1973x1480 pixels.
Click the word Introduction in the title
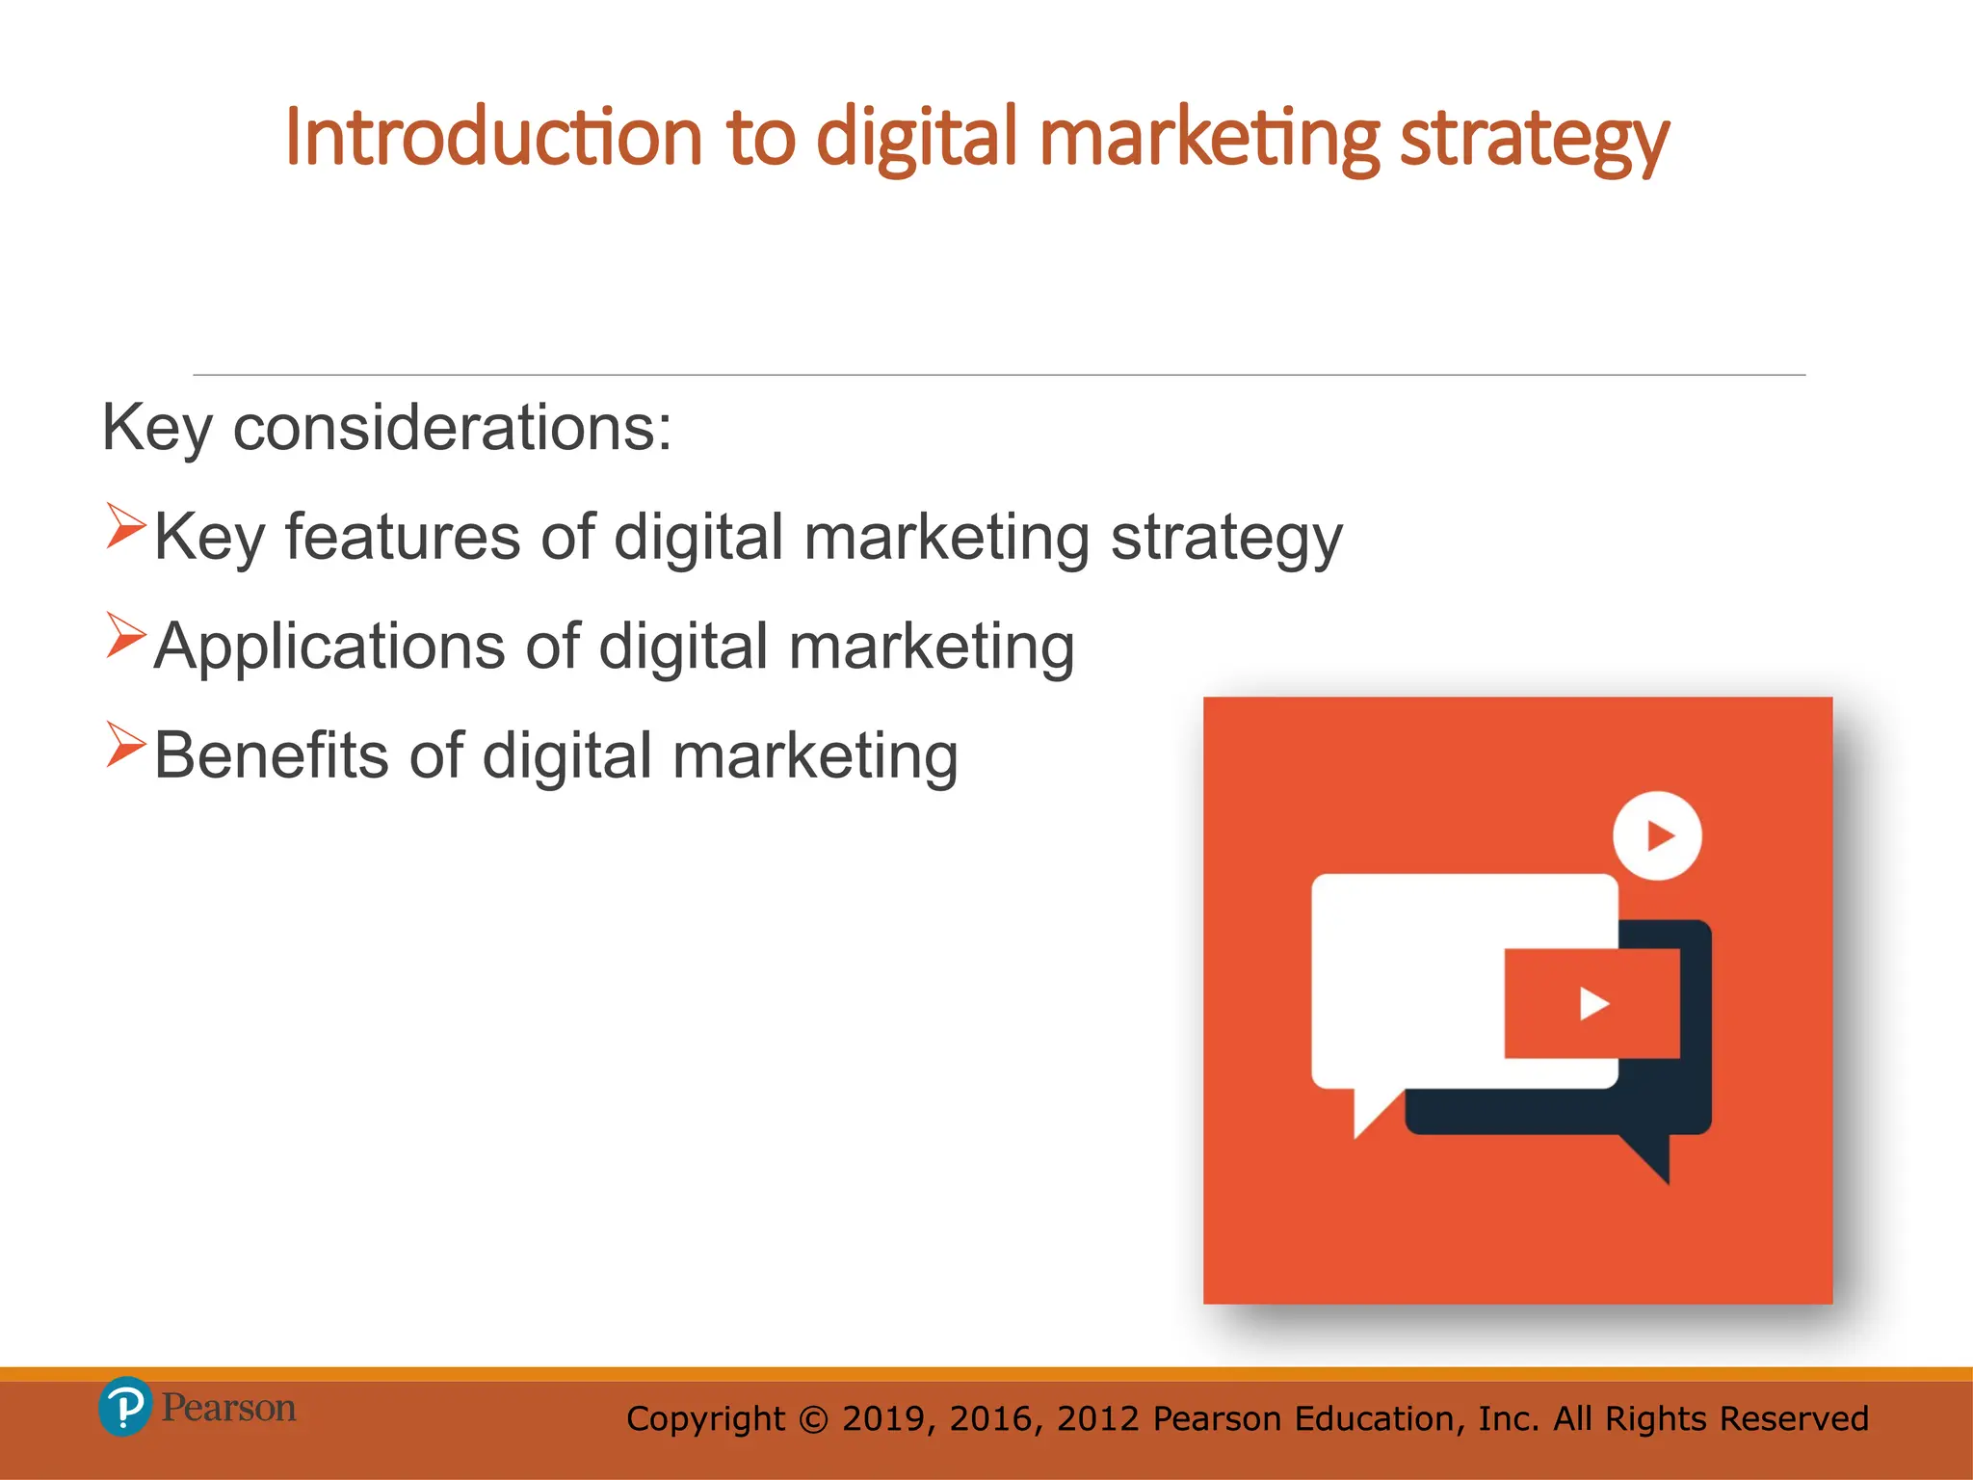point(493,138)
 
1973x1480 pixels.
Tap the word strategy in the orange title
point(1534,140)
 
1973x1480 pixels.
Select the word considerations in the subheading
point(452,427)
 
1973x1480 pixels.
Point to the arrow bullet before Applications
point(125,636)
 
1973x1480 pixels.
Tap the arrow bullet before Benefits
point(125,745)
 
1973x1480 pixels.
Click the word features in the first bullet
point(403,537)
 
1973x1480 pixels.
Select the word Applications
point(329,647)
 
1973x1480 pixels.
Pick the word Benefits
point(271,755)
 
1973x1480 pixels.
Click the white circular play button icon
point(1657,835)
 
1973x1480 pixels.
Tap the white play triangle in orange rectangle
point(1593,1004)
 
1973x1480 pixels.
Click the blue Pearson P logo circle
point(124,1407)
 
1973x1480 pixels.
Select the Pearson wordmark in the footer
point(228,1408)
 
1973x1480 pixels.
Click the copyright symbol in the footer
point(813,1419)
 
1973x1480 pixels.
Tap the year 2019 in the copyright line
point(883,1419)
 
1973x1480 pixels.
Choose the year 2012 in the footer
point(1098,1419)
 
